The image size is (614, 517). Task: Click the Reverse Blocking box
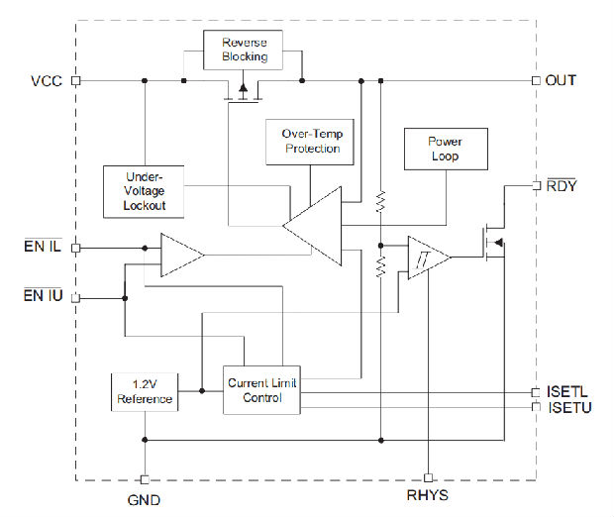[x=243, y=50]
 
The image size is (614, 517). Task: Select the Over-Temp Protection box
[x=312, y=142]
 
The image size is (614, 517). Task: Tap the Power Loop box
[x=445, y=149]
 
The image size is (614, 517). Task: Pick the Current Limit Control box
[x=261, y=389]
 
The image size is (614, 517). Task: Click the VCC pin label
[x=46, y=80]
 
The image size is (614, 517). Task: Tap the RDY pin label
[x=561, y=184]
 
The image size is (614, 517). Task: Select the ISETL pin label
[x=566, y=392]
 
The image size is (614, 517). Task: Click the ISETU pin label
[x=567, y=407]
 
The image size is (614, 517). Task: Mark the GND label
[x=144, y=500]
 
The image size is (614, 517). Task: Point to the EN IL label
[x=43, y=247]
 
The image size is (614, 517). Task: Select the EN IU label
[x=43, y=296]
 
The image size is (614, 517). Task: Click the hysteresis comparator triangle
[x=426, y=258]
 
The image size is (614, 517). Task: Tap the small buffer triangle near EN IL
[x=179, y=256]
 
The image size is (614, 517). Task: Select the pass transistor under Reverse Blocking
[x=243, y=93]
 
